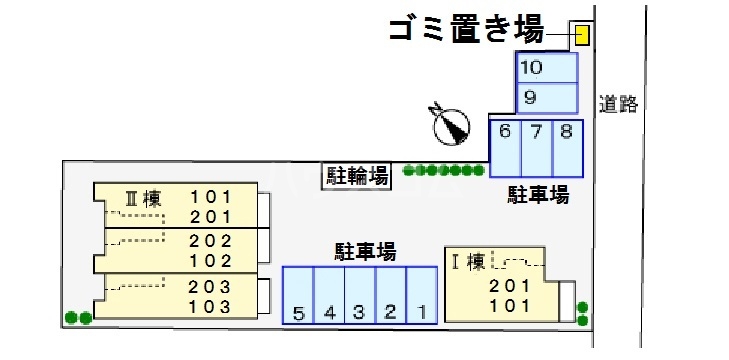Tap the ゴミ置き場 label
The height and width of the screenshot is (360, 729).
pos(466,31)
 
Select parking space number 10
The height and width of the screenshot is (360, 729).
pos(546,68)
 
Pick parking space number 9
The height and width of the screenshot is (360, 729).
pos(546,98)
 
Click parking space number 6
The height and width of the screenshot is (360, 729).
pos(505,148)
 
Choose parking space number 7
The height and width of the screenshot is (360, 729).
pos(537,148)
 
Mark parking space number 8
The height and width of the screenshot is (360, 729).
pos(567,148)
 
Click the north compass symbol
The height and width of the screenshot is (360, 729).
pos(450,123)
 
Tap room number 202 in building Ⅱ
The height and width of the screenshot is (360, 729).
pos(210,241)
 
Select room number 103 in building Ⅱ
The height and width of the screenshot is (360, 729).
pos(210,307)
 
